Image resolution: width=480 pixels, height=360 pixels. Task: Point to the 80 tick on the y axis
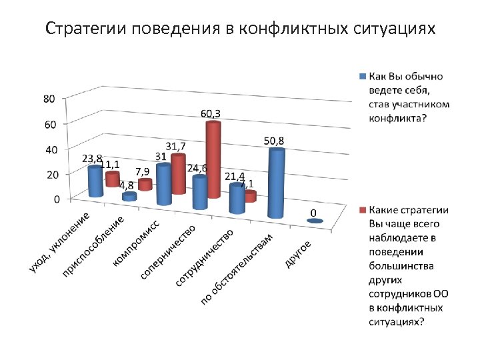[x=49, y=99]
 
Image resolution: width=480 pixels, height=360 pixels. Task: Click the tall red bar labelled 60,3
[x=213, y=160]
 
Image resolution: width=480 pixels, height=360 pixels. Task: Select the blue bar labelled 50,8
[x=276, y=183]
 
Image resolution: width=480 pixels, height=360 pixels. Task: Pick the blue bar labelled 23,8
[x=95, y=181]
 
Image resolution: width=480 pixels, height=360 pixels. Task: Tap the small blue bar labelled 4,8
[x=129, y=197]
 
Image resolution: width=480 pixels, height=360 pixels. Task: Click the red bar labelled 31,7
[x=178, y=174]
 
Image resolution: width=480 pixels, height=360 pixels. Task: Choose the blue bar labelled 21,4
[x=237, y=198]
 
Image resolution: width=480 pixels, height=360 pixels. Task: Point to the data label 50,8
[x=274, y=141]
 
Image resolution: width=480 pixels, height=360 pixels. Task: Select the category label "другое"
[x=299, y=254]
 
